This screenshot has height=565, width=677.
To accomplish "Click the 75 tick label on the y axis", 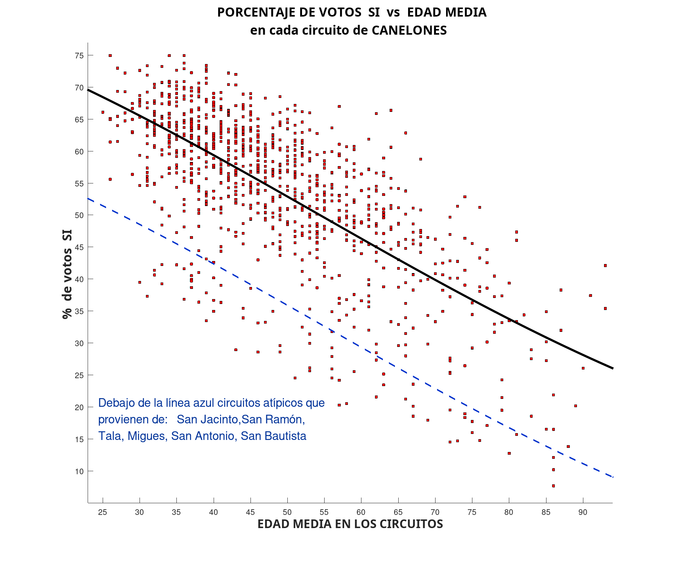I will click(79, 56).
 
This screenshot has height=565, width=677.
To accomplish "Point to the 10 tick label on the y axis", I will click(79, 472).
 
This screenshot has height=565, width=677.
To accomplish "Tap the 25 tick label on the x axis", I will click(102, 512).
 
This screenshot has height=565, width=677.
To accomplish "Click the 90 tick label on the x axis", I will click(583, 512).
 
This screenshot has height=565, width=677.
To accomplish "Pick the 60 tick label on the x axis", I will click(361, 512).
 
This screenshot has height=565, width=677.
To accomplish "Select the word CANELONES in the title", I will click(409, 30).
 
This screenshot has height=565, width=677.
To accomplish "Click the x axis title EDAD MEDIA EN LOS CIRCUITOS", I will click(350, 524).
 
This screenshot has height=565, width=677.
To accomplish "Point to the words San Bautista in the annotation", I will click(273, 436).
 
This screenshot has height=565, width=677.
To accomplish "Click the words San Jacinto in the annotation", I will click(207, 419).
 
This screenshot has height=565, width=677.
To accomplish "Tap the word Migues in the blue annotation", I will click(147, 436).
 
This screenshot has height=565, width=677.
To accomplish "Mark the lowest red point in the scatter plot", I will click(553, 486).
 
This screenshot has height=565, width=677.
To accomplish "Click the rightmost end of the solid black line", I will click(613, 368).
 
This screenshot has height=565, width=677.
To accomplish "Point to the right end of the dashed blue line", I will click(613, 477).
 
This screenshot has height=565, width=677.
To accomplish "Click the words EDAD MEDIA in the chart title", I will click(447, 12).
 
